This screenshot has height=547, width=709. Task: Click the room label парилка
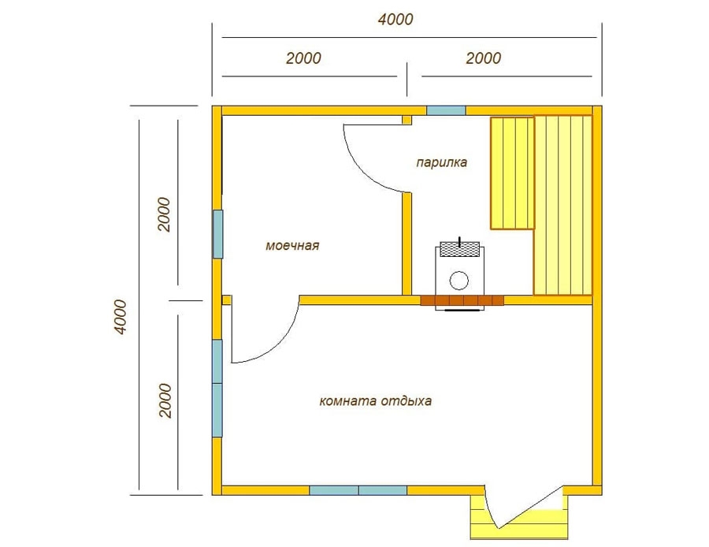441,162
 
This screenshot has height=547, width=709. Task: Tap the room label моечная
292,245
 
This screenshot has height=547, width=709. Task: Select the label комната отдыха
375,401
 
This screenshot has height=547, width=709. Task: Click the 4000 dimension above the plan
395,20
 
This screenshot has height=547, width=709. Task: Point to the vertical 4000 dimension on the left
121,316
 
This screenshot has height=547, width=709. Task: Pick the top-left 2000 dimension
303,58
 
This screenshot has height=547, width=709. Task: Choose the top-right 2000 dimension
484,58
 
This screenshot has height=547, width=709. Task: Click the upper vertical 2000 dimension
164,214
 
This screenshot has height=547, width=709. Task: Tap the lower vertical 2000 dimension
165,401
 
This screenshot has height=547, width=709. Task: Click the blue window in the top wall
447,110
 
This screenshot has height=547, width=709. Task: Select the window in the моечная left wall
218,234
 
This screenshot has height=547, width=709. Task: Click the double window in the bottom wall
358,490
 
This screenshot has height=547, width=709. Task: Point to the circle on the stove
459,280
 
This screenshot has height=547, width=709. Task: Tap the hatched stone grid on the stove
460,249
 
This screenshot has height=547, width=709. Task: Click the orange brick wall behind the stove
462,300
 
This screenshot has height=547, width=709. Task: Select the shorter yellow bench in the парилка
512,173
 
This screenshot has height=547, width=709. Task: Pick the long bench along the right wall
563,206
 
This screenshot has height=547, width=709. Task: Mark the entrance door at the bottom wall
525,508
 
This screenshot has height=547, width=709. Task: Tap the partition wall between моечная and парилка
407,244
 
